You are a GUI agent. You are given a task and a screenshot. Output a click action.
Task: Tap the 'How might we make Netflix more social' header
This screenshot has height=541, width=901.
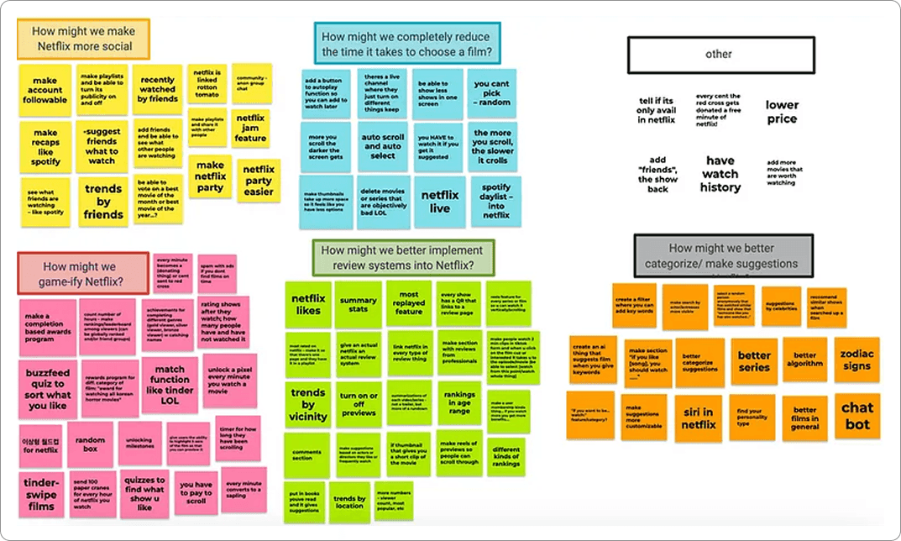click(82, 39)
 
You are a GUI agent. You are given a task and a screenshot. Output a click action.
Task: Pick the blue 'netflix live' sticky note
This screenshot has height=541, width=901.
click(440, 202)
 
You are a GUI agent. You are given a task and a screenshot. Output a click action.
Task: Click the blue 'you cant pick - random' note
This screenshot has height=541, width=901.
click(491, 92)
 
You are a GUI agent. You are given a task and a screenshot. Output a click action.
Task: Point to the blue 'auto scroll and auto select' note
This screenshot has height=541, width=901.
click(382, 146)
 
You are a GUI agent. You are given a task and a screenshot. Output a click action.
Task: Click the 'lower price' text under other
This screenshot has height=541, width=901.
click(781, 112)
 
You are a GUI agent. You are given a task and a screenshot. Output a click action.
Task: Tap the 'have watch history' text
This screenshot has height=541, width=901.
click(720, 174)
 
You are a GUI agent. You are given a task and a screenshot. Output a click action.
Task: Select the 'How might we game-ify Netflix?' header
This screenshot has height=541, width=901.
click(82, 274)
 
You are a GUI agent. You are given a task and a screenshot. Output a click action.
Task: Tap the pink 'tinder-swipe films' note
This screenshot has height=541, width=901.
click(41, 494)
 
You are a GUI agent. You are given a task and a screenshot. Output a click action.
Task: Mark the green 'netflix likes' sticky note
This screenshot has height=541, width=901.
click(308, 303)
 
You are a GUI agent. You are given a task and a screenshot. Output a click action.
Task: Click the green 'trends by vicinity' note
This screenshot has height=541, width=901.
click(308, 405)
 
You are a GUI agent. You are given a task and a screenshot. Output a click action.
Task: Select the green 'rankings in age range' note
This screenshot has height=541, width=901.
click(458, 402)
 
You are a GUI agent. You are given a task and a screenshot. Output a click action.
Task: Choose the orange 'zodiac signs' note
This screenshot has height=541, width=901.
click(856, 360)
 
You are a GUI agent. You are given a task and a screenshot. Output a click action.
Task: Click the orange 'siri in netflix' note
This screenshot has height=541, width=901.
click(697, 418)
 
